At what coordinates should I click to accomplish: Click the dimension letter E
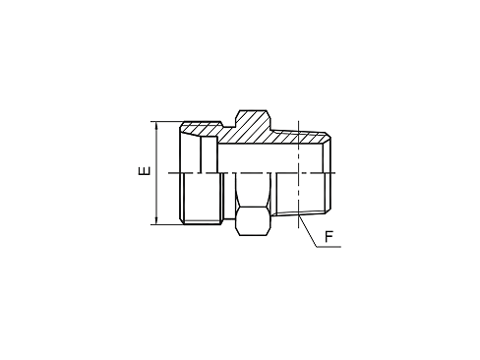(145, 171)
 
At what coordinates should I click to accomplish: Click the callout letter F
(329, 237)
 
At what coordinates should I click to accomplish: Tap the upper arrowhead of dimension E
(156, 125)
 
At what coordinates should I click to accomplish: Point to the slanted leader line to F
(307, 230)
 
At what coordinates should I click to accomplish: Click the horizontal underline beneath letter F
(329, 246)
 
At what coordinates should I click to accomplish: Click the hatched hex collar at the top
(253, 120)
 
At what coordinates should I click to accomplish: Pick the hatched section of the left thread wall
(200, 130)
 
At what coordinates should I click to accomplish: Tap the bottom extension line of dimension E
(167, 225)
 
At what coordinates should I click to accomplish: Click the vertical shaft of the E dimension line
(156, 173)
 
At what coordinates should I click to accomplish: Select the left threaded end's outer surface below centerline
(201, 199)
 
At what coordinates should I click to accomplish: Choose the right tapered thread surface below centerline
(301, 194)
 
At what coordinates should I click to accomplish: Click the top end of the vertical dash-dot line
(299, 121)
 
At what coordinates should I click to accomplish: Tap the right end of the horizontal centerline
(335, 173)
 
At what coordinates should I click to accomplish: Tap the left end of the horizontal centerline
(168, 173)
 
